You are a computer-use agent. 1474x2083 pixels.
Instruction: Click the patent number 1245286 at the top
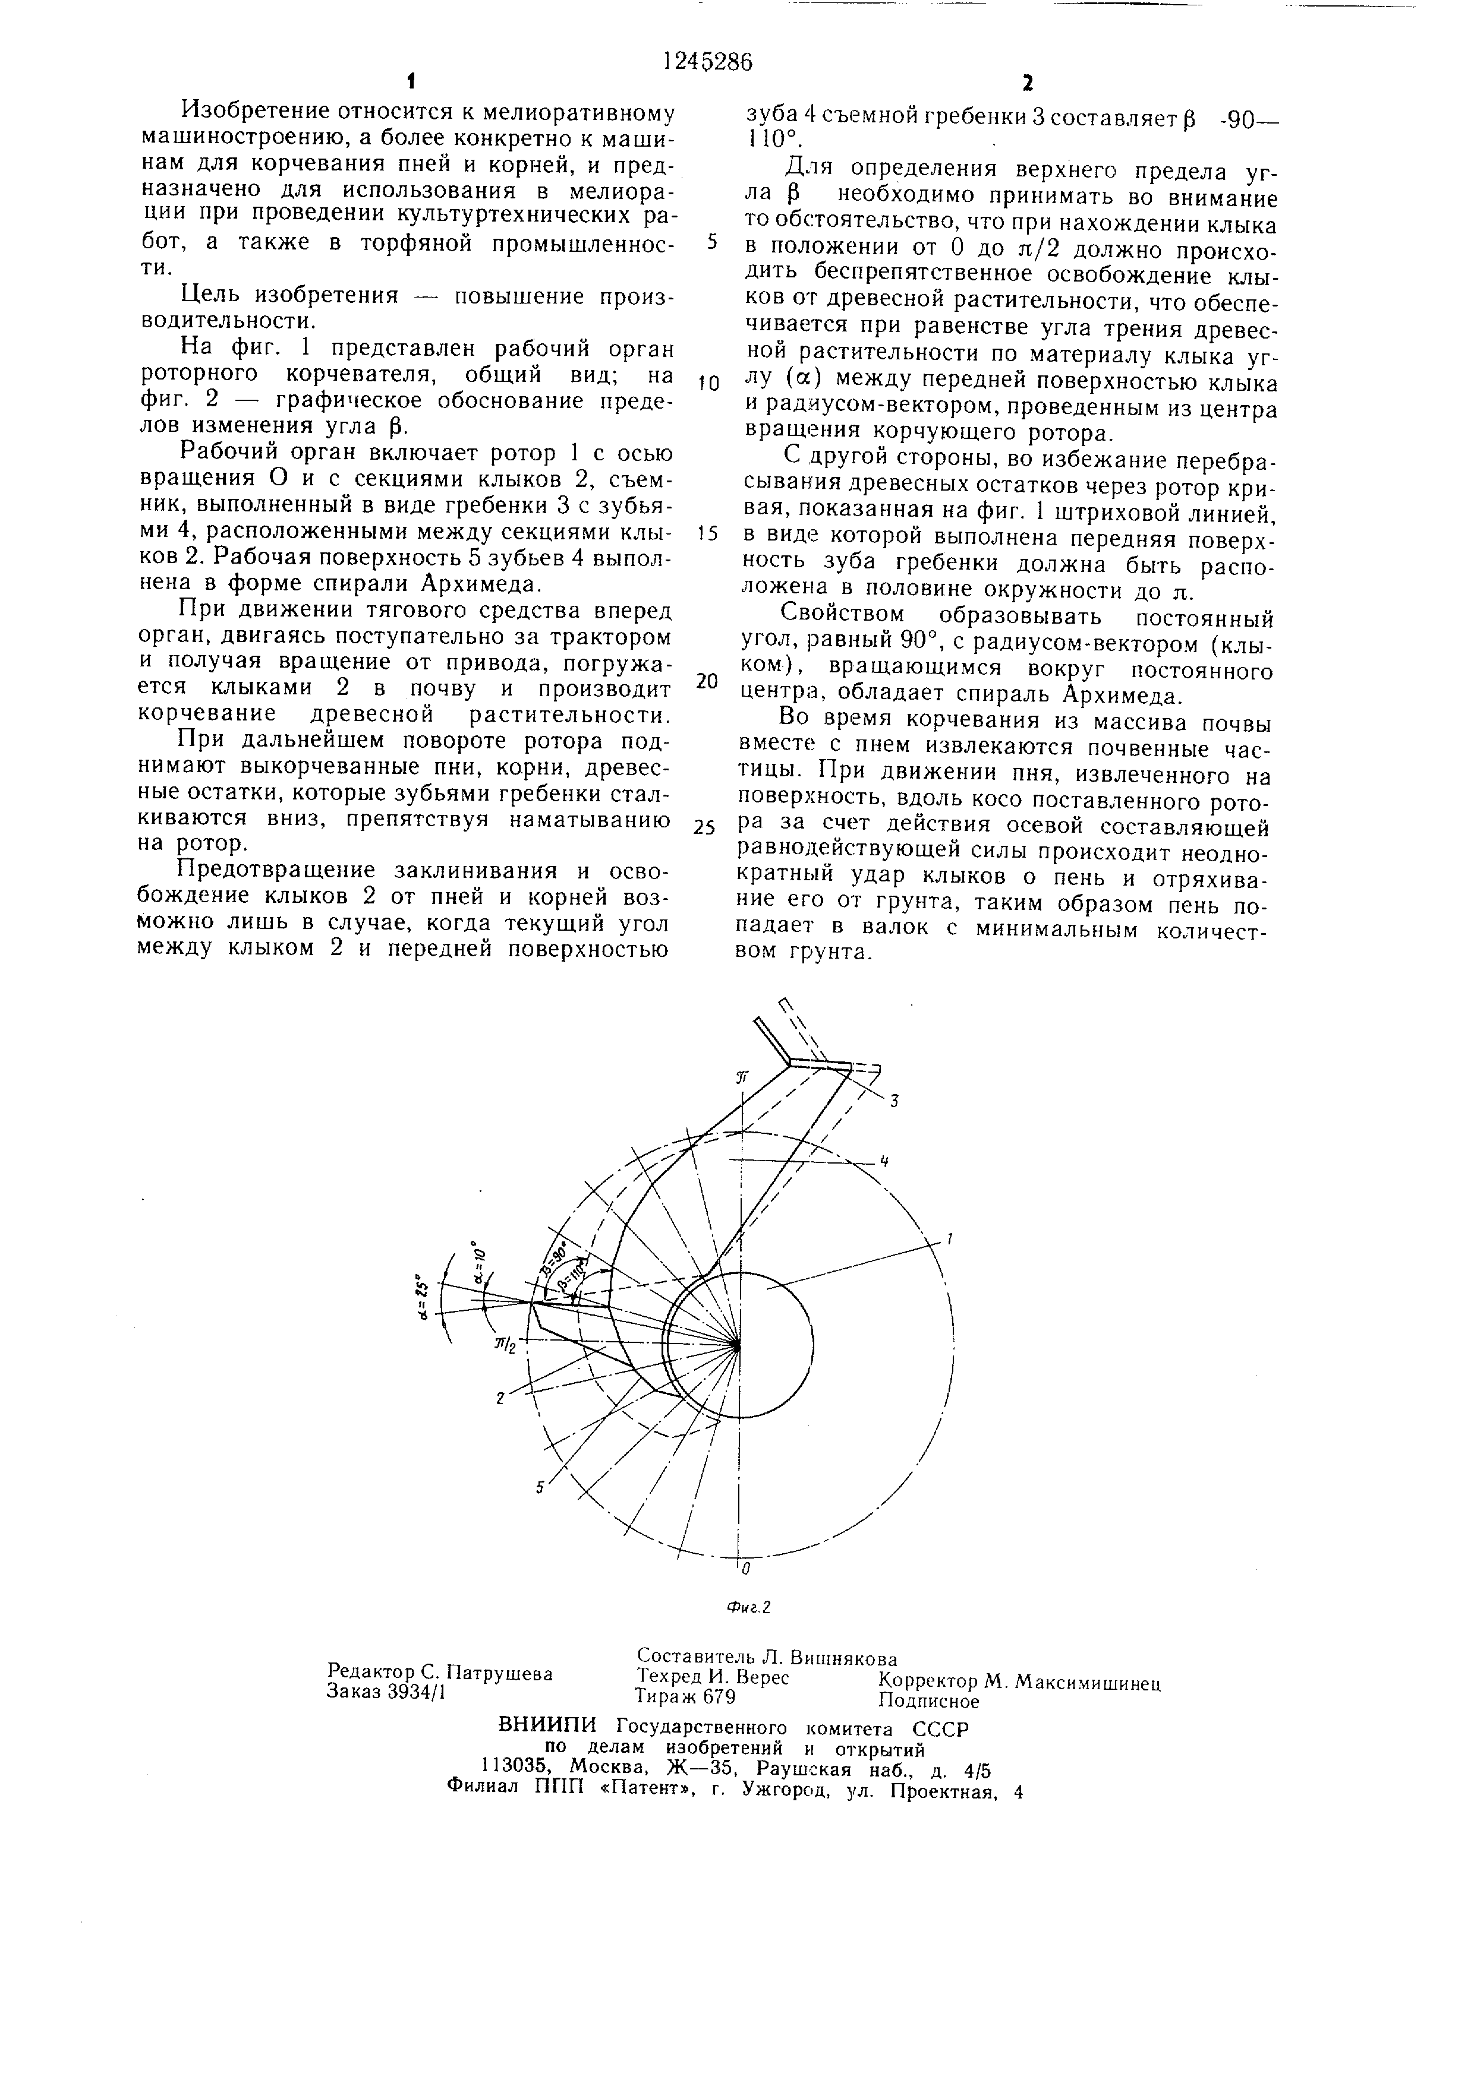pos(707,62)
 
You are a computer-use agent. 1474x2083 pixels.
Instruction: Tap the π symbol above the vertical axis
pos(742,1077)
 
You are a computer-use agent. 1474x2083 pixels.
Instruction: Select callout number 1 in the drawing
pos(949,1238)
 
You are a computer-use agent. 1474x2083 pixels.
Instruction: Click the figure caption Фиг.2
pos(749,1608)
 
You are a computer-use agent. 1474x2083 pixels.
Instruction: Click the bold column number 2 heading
pos(1028,84)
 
